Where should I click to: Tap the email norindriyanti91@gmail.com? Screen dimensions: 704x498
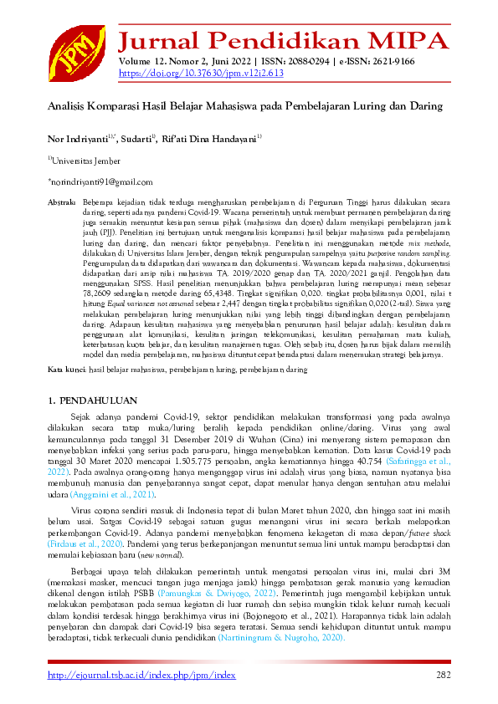(x=100, y=181)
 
